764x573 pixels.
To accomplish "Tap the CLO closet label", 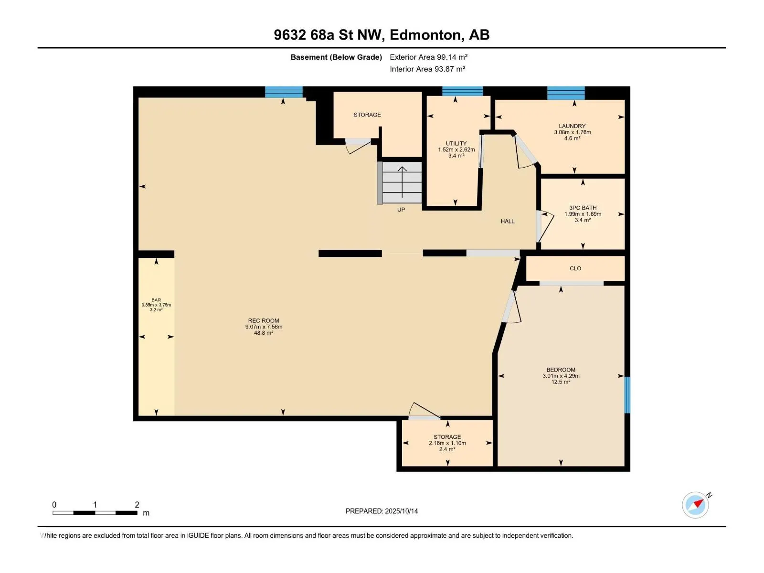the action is [x=575, y=268].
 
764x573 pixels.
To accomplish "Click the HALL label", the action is [x=507, y=221].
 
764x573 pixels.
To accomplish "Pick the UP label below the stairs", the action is [x=401, y=210].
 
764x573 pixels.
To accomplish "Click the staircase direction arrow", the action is [x=402, y=182].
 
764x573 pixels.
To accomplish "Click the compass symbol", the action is [x=695, y=505].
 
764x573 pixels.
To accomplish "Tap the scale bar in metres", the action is [x=95, y=512].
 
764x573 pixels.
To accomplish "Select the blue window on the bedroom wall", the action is [x=627, y=395].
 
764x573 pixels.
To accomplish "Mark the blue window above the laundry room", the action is [x=566, y=93].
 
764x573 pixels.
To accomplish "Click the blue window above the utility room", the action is [x=462, y=91].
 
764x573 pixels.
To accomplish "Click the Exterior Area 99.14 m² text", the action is [x=428, y=57].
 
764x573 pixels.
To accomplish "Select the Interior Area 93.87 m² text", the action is [x=427, y=69].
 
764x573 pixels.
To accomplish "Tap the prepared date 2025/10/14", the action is [x=401, y=511].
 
